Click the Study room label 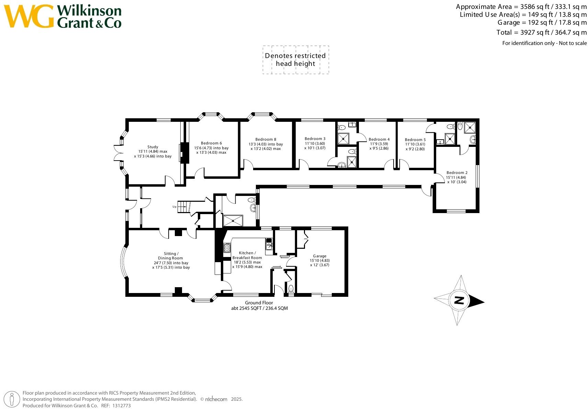[x=153, y=147]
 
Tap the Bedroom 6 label [x=211, y=143]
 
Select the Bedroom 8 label [x=266, y=139]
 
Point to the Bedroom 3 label [x=315, y=139]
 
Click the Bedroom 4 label [x=379, y=139]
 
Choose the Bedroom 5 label [x=415, y=140]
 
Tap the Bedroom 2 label [x=457, y=173]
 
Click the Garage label [x=319, y=256]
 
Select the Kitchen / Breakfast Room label [x=247, y=255]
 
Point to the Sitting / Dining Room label [x=170, y=256]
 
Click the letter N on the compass [x=459, y=301]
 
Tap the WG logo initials [x=29, y=16]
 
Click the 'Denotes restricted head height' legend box [x=295, y=60]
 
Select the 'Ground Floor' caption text [x=259, y=303]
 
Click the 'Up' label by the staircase [x=174, y=207]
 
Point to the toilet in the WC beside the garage [x=291, y=288]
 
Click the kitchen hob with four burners [x=227, y=247]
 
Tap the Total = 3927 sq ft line [x=541, y=32]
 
